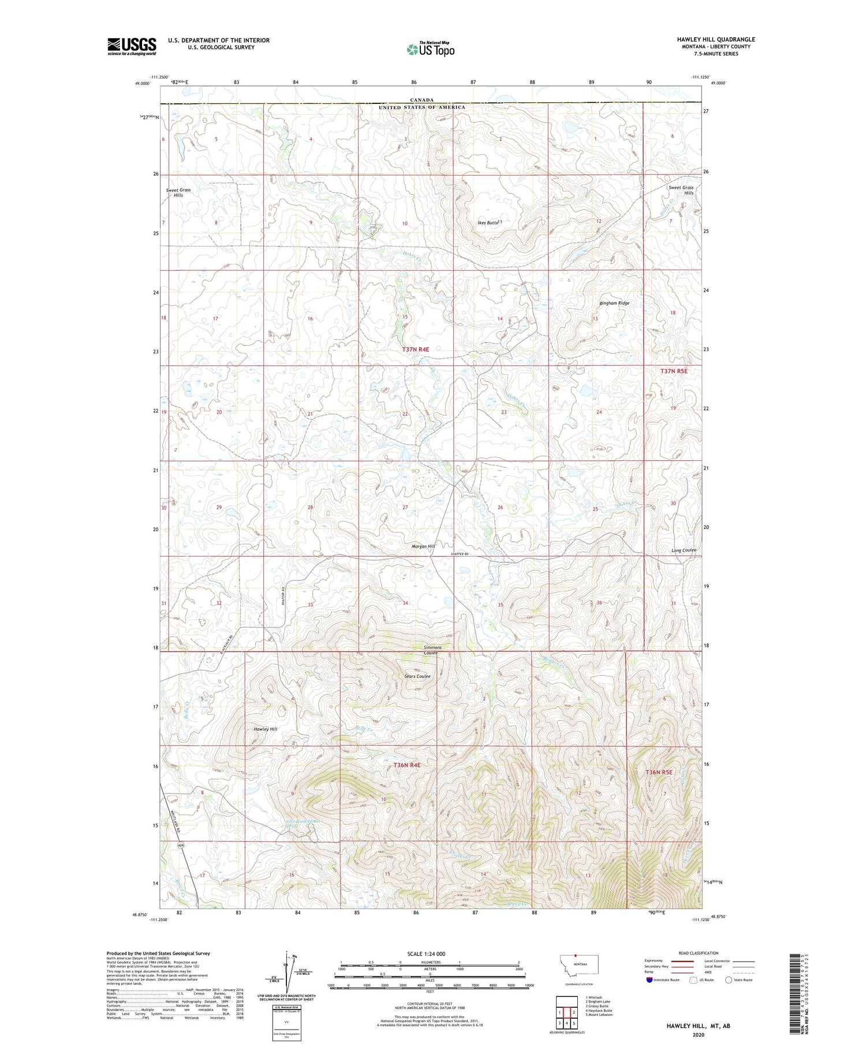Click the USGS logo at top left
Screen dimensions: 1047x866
tap(132, 46)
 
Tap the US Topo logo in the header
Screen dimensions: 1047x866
tap(430, 50)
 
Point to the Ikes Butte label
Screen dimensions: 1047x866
tap(487, 222)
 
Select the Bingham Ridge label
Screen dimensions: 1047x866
tap(614, 303)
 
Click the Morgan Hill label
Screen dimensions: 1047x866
tap(423, 546)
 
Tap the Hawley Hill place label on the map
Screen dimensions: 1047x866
tap(266, 729)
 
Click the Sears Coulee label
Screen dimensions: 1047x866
tap(417, 676)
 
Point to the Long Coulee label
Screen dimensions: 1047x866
tap(684, 550)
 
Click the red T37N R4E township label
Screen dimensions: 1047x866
tap(416, 349)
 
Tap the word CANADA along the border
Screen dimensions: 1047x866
tap(423, 100)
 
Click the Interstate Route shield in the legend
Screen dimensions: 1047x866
tap(650, 980)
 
